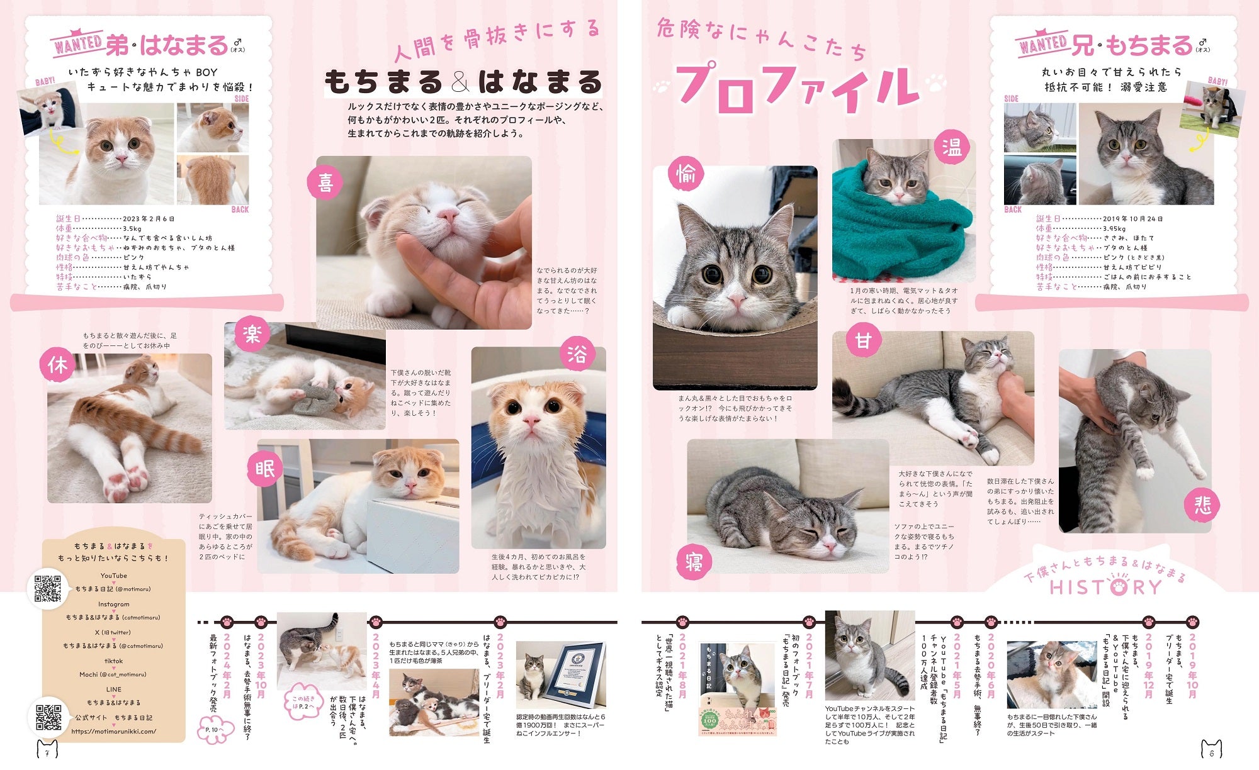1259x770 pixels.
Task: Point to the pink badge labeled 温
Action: tap(951, 147)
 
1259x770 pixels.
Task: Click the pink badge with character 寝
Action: tap(694, 562)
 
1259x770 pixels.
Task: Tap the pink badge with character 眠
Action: tap(265, 469)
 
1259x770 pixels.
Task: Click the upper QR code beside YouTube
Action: tap(47, 588)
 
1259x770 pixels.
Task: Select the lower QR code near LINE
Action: tap(48, 718)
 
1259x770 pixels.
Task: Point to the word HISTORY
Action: tap(1105, 587)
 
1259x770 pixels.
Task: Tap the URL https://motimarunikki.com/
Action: tap(113, 731)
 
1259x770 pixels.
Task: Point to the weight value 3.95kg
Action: tap(1114, 228)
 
